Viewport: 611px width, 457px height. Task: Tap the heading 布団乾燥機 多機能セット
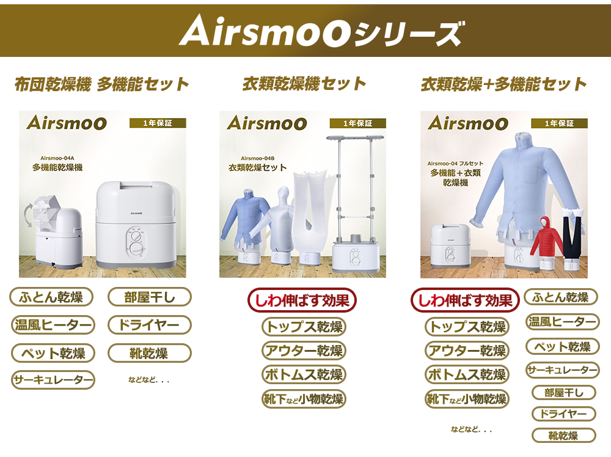click(101, 84)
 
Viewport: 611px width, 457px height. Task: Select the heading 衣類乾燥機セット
click(304, 84)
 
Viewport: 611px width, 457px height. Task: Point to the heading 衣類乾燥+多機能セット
click(503, 84)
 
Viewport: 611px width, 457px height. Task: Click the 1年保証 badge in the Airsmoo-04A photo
click(158, 124)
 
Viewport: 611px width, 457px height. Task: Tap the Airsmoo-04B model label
click(258, 158)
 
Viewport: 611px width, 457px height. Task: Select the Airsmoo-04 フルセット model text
click(455, 163)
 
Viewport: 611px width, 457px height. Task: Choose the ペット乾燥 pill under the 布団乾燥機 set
click(53, 353)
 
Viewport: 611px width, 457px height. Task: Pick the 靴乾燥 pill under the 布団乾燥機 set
click(149, 353)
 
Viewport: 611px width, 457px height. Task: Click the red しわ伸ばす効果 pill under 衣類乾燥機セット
click(302, 300)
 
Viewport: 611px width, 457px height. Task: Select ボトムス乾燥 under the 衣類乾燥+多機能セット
click(467, 374)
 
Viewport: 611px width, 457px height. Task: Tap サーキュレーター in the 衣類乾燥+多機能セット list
click(562, 370)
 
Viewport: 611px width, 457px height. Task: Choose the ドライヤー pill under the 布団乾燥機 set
click(149, 325)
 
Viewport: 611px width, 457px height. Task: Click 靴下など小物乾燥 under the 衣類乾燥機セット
click(304, 399)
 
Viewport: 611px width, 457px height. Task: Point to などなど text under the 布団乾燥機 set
click(149, 380)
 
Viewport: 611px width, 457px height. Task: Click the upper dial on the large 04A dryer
click(136, 237)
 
